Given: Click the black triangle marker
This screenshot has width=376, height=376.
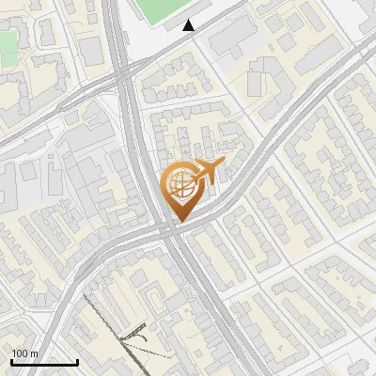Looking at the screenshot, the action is coord(189,25).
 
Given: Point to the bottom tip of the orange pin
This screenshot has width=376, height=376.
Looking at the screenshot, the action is coord(180,222).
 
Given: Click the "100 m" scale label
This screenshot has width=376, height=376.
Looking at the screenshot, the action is coord(24,353).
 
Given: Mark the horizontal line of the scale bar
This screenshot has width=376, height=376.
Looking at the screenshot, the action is coord(44,362).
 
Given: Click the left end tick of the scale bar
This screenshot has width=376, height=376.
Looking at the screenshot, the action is coord(11,360).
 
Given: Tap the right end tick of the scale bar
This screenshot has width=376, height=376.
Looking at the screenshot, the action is coord(77,360).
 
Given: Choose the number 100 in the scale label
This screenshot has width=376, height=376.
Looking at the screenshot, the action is coord(20,353).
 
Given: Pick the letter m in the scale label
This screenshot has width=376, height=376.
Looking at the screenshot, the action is coord(34,354).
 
